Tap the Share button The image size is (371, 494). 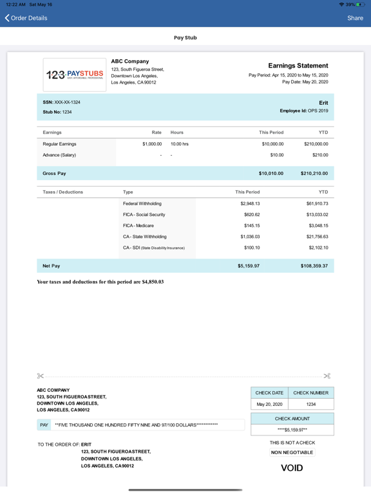(x=355, y=18)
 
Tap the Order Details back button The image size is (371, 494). (x=26, y=18)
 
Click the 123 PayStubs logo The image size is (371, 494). (x=74, y=75)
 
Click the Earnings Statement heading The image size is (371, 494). (x=298, y=66)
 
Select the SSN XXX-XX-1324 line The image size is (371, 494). (x=61, y=102)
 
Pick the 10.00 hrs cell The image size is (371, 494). (x=179, y=144)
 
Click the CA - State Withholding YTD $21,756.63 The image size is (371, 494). (x=314, y=237)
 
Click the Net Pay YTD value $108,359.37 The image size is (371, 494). (x=314, y=265)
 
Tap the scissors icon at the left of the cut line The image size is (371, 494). (x=41, y=376)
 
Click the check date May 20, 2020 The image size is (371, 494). (x=269, y=405)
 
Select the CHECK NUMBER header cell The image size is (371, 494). (x=310, y=392)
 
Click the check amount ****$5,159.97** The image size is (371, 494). (x=292, y=430)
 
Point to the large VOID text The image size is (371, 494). (x=292, y=468)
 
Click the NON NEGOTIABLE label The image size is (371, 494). (x=292, y=452)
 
